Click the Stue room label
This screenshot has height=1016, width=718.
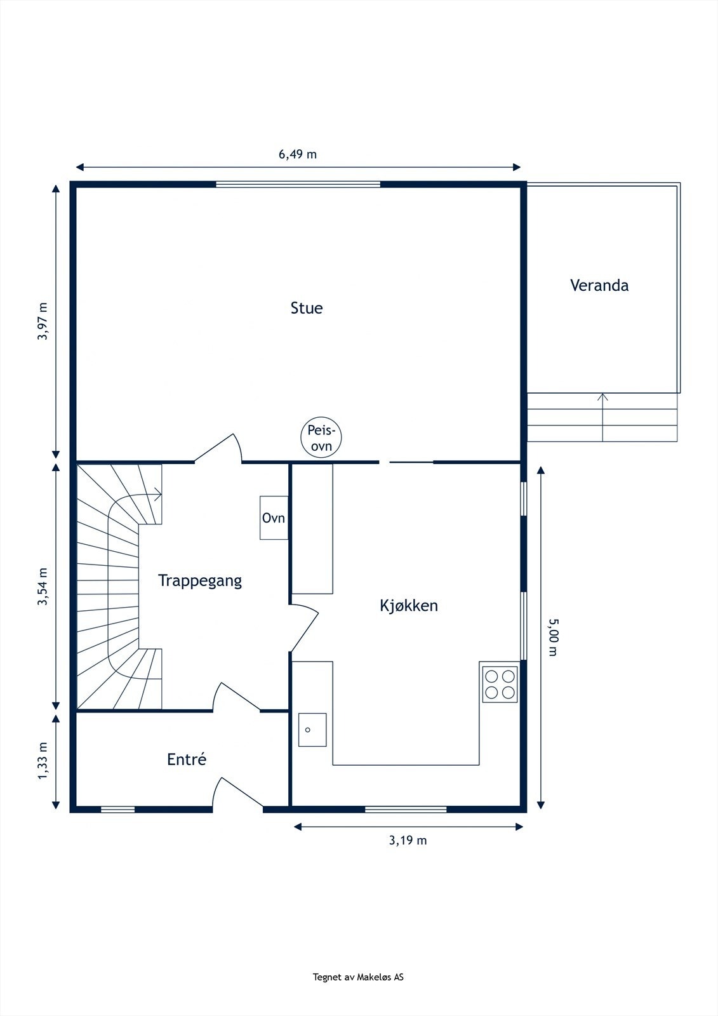307,308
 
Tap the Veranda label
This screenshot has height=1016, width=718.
599,285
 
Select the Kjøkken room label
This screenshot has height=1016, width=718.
409,606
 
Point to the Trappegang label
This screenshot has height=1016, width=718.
199,581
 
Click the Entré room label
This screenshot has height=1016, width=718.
187,759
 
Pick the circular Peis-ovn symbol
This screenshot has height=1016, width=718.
321,438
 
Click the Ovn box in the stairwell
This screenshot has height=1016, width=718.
274,518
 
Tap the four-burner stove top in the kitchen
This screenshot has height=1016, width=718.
500,685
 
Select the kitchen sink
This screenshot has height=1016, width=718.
312,730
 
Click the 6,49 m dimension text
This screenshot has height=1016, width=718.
298,154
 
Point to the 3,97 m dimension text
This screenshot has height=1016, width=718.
43,321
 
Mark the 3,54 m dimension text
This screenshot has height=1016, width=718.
43,587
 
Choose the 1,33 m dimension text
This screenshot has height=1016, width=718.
43,761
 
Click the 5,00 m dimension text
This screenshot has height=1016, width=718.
553,638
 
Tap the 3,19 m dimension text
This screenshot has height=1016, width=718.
408,841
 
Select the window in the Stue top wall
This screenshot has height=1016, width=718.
298,184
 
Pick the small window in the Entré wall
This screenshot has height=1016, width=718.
118,810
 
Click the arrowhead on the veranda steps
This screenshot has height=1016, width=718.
602,398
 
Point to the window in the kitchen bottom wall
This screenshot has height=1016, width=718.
406,810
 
